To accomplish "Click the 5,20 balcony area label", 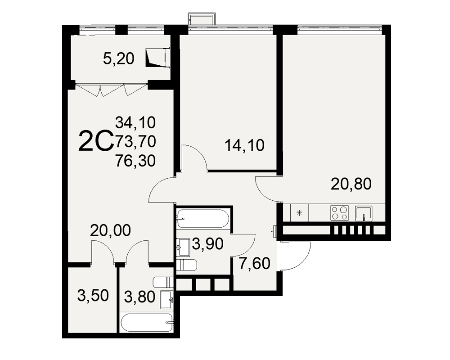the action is coord(118,59).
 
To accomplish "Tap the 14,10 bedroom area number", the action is coord(244,145).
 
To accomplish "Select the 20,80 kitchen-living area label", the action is coord(351,184).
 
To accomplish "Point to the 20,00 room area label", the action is coord(111,230).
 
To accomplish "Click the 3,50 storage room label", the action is coord(93,296).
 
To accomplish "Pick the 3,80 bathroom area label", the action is coord(140,297).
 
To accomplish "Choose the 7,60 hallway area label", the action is coord(255,264).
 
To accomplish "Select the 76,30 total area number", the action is coord(135,161).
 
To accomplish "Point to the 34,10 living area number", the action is coord(135,122).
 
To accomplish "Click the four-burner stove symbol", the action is coord(339,213).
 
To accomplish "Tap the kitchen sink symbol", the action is coord(364,213).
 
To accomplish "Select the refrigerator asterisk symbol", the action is coord(299,213).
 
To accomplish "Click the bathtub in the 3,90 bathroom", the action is coord(203,219).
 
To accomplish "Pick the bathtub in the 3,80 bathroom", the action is coord(147,323).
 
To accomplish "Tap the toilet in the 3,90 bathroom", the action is coord(187,265).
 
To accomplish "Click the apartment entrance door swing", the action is coord(296,256).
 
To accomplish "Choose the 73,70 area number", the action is coord(135,142).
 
